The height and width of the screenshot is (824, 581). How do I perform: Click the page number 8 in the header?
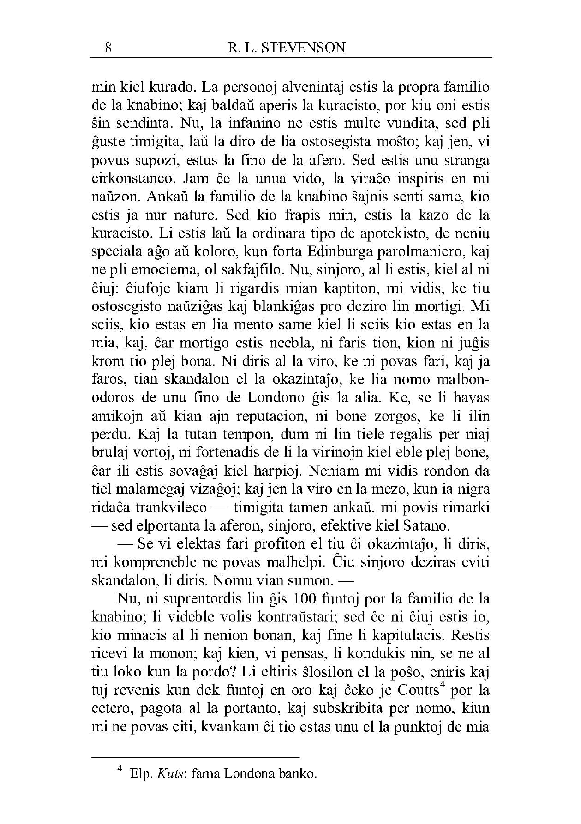pyautogui.click(x=108, y=48)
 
